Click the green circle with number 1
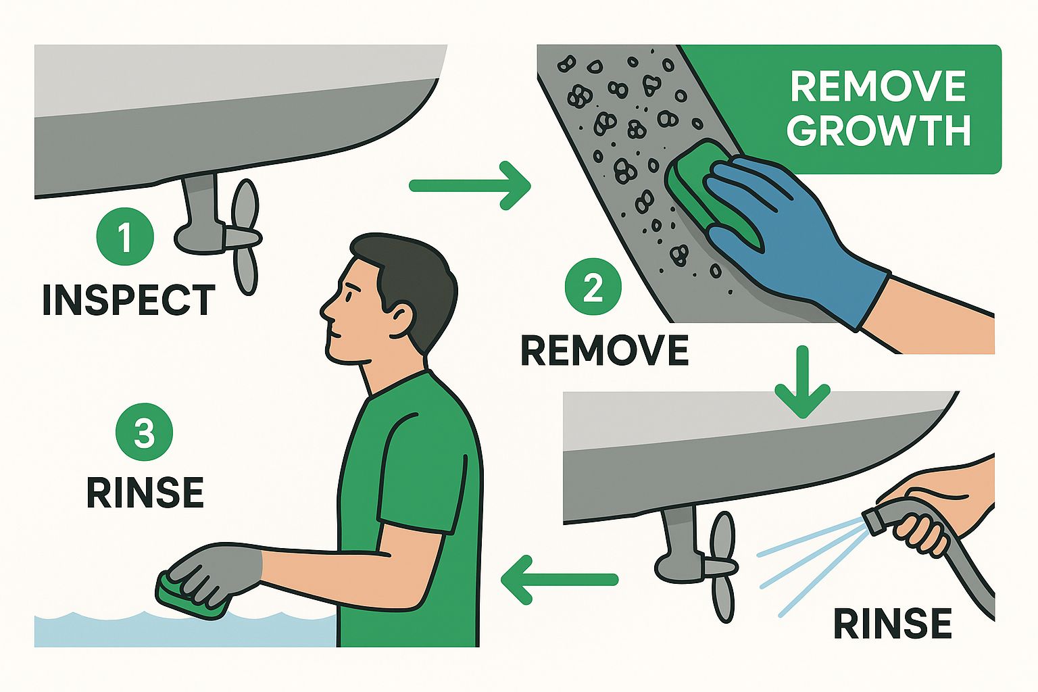[125, 237]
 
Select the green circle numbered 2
[593, 287]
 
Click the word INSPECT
[129, 300]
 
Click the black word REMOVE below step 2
[605, 350]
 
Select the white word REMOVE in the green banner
[878, 86]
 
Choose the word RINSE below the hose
[892, 623]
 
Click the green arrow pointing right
[470, 186]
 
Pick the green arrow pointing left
[560, 579]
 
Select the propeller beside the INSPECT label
[244, 237]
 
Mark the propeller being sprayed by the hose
[721, 566]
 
